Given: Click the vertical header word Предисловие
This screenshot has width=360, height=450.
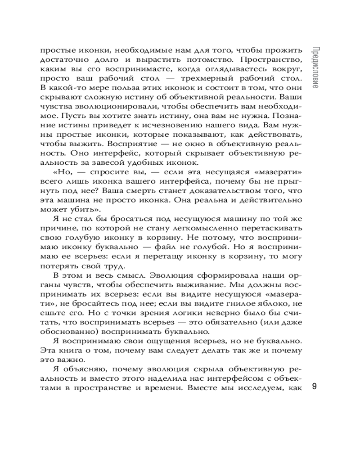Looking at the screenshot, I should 315,67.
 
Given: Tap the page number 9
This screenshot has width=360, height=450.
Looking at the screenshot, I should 315,387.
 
